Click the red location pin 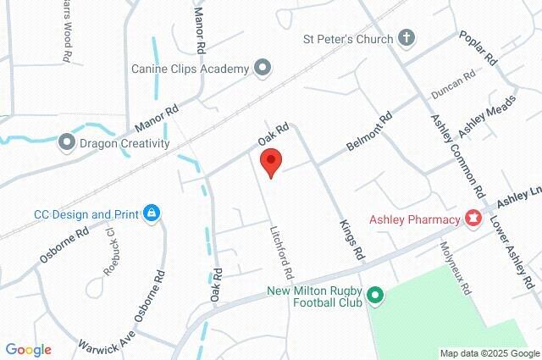click(x=270, y=162)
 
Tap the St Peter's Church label click(x=348, y=39)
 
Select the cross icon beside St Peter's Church click(x=406, y=38)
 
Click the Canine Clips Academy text click(x=190, y=68)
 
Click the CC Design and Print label click(x=86, y=214)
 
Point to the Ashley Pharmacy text click(x=414, y=219)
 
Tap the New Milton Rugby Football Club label click(x=313, y=296)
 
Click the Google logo click(x=28, y=349)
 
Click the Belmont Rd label click(x=369, y=133)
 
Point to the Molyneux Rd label click(x=454, y=267)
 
